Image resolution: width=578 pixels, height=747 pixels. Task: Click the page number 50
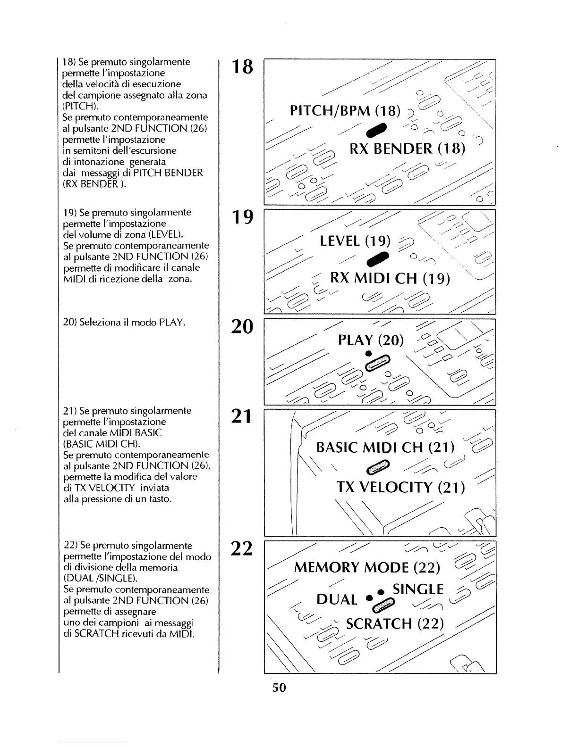279,688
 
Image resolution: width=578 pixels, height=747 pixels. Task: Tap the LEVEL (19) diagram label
355,241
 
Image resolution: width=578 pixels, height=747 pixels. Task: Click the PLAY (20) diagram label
371,340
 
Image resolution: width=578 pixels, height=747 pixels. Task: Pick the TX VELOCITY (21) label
401,487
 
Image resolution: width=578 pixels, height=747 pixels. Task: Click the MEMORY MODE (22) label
367,567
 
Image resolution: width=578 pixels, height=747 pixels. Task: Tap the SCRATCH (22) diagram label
395,624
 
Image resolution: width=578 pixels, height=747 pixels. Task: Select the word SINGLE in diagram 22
418,589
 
